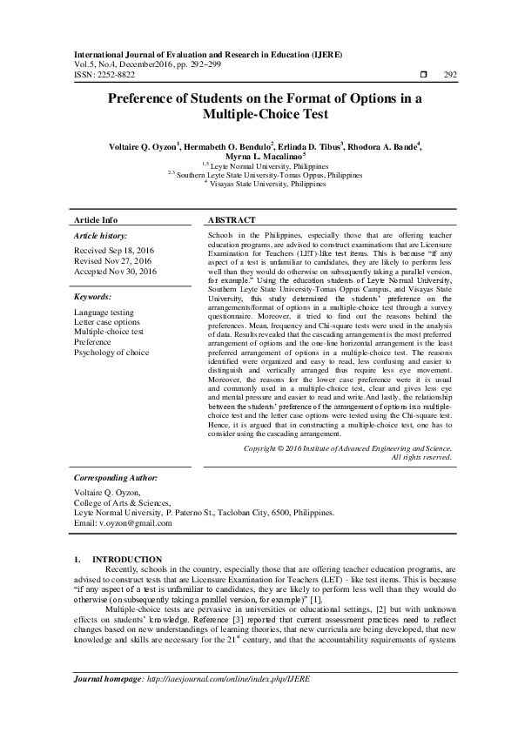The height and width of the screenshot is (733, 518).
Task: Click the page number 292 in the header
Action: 450,76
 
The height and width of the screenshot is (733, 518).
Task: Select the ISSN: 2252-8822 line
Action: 104,76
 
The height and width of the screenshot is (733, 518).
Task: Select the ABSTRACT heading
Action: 232,220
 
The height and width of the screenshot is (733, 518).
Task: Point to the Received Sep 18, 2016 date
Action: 114,249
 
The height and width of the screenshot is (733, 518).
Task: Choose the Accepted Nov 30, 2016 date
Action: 115,272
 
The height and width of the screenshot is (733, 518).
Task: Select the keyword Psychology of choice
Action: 111,353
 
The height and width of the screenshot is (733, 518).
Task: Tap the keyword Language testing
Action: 104,312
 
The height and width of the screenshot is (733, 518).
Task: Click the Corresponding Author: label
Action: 115,478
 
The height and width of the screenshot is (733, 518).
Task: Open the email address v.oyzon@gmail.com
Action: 129,522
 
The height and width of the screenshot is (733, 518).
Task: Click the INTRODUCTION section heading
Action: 127,559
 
